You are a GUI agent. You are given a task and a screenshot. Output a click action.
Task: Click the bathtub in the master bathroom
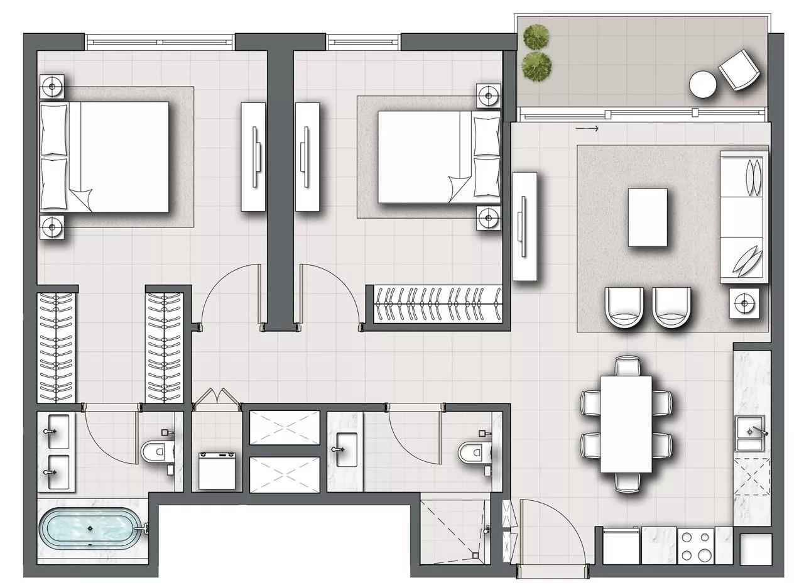(92, 530)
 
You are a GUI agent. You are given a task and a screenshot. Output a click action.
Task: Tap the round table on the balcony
(702, 84)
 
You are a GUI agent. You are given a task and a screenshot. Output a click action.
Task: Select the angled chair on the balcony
(740, 69)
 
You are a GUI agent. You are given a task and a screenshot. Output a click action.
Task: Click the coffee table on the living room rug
(648, 217)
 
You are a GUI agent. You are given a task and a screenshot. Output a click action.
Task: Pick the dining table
(626, 424)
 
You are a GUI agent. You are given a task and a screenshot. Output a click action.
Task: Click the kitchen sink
(750, 432)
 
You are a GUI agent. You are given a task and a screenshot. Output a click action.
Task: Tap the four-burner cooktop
(697, 547)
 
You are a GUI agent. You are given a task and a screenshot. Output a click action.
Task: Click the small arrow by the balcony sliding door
(587, 129)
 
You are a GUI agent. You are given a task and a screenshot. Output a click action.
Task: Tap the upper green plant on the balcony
(536, 36)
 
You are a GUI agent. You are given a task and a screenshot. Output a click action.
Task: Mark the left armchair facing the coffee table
(625, 307)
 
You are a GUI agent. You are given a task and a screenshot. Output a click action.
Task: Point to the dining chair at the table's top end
(627, 365)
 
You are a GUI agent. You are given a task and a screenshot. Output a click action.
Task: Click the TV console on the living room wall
(525, 227)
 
